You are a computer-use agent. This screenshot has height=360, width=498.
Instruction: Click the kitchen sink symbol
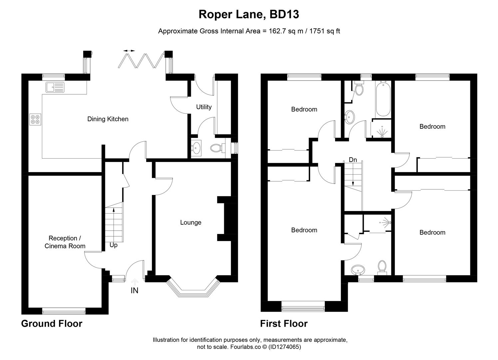point(55,87)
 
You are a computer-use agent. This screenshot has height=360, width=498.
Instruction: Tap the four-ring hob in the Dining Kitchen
point(35,119)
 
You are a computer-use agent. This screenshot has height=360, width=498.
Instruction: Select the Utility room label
point(204,107)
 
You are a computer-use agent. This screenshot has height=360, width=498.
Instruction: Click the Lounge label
point(191,222)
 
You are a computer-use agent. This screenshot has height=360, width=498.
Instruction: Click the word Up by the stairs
point(114,245)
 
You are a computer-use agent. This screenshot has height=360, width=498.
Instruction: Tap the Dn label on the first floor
point(353,160)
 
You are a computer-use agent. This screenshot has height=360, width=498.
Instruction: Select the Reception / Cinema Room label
point(65,242)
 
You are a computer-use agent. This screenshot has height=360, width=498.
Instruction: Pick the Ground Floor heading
point(52,323)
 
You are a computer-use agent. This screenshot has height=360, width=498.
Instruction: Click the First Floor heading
point(284,323)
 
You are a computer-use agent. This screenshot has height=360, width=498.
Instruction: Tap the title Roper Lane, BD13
point(249,14)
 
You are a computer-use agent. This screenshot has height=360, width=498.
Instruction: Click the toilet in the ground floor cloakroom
point(217,148)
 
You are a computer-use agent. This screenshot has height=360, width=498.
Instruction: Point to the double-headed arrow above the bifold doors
point(129,51)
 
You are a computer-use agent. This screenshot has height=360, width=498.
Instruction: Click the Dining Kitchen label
point(108,119)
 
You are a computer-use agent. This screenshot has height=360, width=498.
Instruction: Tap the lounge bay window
point(193,289)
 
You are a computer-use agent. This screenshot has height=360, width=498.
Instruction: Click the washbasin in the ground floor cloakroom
point(196,148)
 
